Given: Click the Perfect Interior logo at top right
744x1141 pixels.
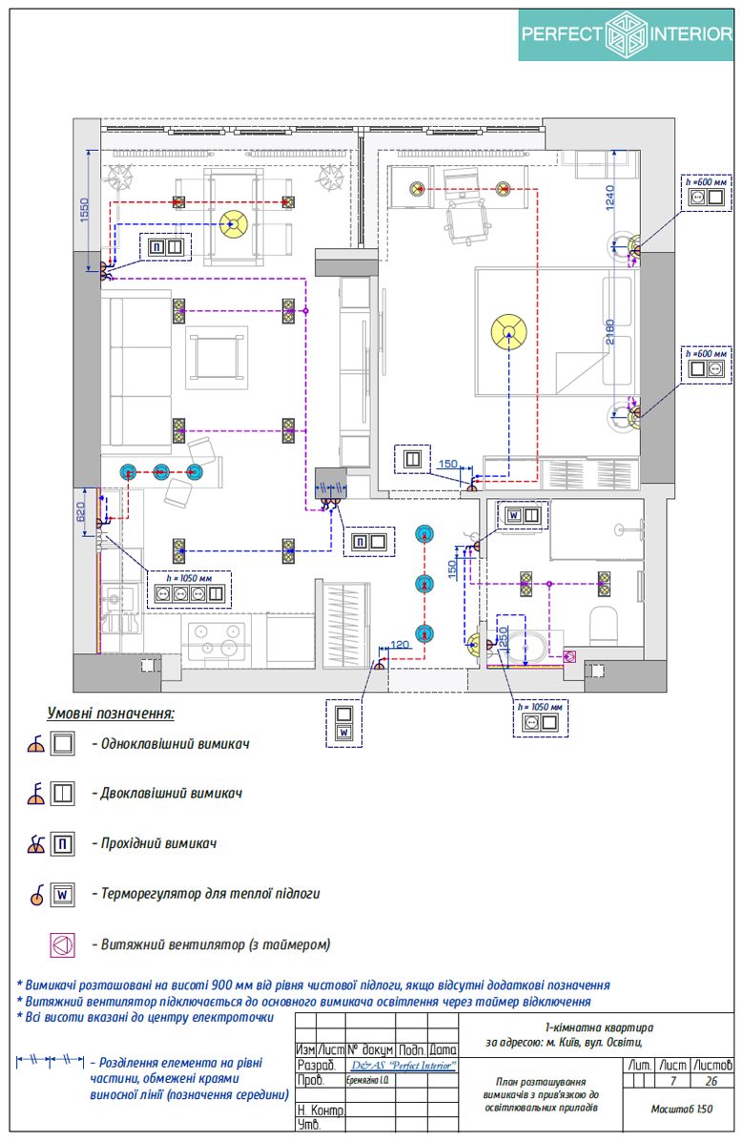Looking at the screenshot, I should [626, 35].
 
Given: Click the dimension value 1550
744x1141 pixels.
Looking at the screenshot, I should [85, 209].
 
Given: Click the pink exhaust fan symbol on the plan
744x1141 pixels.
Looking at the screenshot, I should [569, 656].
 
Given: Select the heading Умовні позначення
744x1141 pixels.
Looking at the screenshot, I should [111, 714].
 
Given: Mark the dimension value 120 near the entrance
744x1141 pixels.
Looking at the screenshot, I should [399, 646].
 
